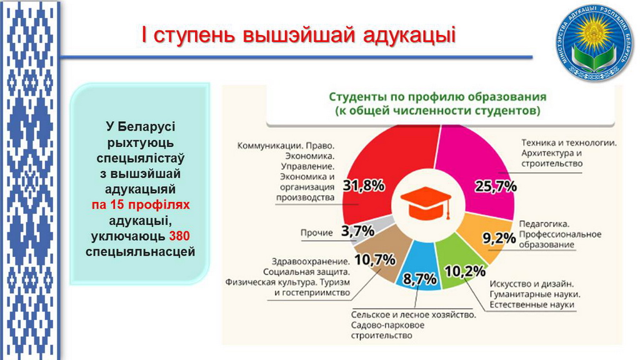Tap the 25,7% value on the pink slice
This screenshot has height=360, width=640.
496,186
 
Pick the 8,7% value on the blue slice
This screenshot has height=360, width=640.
419,279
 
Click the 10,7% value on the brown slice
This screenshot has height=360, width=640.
375,259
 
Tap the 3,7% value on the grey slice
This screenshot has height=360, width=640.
357,231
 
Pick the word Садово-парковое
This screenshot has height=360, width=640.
387,325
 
